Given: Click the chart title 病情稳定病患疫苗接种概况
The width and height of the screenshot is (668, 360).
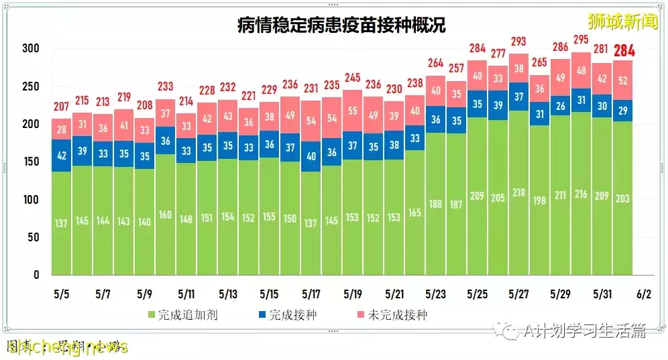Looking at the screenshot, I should coord(341,25).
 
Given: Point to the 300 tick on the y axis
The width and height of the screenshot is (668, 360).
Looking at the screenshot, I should coord(31,49).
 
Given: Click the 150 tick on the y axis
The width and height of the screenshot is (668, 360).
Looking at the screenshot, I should coord(31,162).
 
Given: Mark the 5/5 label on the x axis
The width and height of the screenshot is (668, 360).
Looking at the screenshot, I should coord(61,294).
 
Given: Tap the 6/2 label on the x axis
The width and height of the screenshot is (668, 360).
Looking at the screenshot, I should coord(644,294).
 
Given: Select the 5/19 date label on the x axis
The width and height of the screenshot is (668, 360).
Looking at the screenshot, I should coord(353,294).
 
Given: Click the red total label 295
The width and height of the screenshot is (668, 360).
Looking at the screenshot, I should coord(581,39).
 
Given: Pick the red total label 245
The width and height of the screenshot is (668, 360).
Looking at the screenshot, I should coord(353,77).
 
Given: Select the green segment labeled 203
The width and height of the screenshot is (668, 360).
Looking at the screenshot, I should coord(622,198).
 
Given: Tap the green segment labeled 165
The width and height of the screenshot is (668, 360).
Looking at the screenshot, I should coord(414,213).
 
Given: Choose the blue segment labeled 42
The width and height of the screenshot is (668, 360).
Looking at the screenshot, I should coord(62,156).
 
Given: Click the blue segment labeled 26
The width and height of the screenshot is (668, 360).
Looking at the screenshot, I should coord(561,106).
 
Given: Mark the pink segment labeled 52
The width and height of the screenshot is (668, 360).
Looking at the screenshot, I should coord(622,80).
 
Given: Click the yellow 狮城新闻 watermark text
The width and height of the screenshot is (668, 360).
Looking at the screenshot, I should coord(613,21).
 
